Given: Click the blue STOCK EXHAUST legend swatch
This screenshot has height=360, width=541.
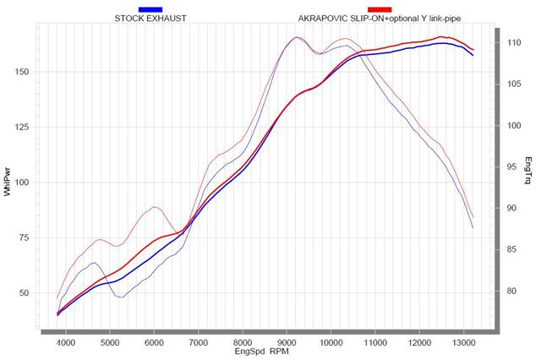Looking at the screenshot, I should tap(150, 8).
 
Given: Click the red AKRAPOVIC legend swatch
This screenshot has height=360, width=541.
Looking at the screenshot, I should tap(379, 8).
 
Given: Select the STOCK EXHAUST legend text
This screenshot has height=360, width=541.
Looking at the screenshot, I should tap(150, 17).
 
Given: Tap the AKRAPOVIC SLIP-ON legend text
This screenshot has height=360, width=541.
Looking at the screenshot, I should tap(379, 17).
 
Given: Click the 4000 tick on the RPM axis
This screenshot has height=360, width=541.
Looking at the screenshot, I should tap(66, 342).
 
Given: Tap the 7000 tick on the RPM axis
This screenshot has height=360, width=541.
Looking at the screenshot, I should tap(199, 342).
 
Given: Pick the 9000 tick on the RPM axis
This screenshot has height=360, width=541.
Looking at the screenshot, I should tap(287, 342).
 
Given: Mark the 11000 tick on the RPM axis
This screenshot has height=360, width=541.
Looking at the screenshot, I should tap(374, 342).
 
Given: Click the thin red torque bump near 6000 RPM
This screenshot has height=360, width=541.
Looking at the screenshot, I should tap(155, 206).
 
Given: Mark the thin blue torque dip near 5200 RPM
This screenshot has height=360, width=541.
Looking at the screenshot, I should tap(120, 297).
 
